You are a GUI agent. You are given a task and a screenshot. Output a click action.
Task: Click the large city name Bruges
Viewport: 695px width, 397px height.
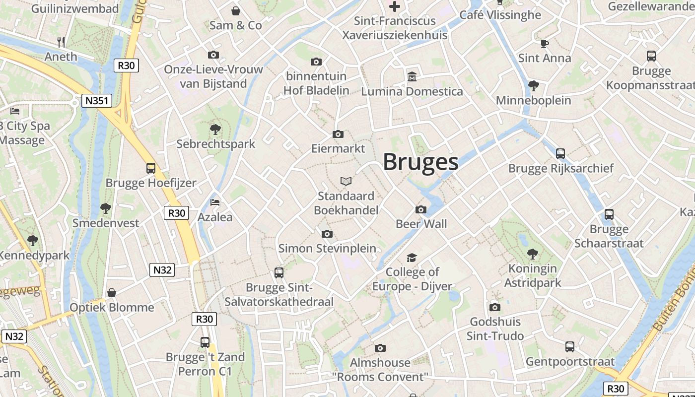(x=420, y=162)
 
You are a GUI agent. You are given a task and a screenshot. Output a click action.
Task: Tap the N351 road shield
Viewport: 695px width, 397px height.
(x=97, y=101)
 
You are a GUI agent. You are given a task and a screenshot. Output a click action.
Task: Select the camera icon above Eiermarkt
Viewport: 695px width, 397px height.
(x=338, y=134)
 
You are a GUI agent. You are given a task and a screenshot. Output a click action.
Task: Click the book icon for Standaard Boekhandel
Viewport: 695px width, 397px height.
(x=346, y=182)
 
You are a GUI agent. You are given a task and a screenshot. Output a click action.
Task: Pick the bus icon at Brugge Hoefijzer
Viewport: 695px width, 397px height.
(x=151, y=168)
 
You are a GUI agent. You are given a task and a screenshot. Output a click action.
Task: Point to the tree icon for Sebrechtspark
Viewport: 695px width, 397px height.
(x=215, y=130)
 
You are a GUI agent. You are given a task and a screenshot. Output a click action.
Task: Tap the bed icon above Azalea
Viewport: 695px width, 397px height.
(x=215, y=202)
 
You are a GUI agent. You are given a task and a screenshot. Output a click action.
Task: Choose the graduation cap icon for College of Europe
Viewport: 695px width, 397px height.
(x=412, y=258)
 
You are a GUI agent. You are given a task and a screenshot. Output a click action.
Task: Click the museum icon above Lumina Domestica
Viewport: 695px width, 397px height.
(x=412, y=77)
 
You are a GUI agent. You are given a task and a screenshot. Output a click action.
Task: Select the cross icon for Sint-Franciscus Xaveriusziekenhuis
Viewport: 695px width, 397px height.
(x=395, y=6)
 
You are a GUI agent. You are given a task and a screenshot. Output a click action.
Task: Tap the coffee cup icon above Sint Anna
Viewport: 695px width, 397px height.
(x=545, y=44)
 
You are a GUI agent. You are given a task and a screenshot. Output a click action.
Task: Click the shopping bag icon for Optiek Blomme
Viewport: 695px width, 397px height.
(x=112, y=293)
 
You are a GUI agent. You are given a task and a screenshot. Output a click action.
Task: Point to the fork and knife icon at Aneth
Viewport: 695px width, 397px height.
(x=61, y=42)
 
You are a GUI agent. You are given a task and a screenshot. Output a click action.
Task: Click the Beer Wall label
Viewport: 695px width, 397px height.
(x=421, y=224)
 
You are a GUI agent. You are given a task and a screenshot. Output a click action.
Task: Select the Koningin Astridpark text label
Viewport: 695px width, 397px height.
(x=533, y=276)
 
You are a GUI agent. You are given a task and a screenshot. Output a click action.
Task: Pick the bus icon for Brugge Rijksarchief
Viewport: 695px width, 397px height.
(x=560, y=154)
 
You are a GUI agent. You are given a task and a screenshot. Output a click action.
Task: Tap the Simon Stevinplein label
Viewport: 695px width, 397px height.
(x=327, y=248)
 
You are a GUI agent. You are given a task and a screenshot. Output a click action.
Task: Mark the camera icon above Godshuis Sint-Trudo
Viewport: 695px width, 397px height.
(x=495, y=307)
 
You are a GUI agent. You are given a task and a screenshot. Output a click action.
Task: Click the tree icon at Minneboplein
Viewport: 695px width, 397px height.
(x=534, y=86)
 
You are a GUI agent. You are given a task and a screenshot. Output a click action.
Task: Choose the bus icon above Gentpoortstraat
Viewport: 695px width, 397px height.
(x=570, y=347)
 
